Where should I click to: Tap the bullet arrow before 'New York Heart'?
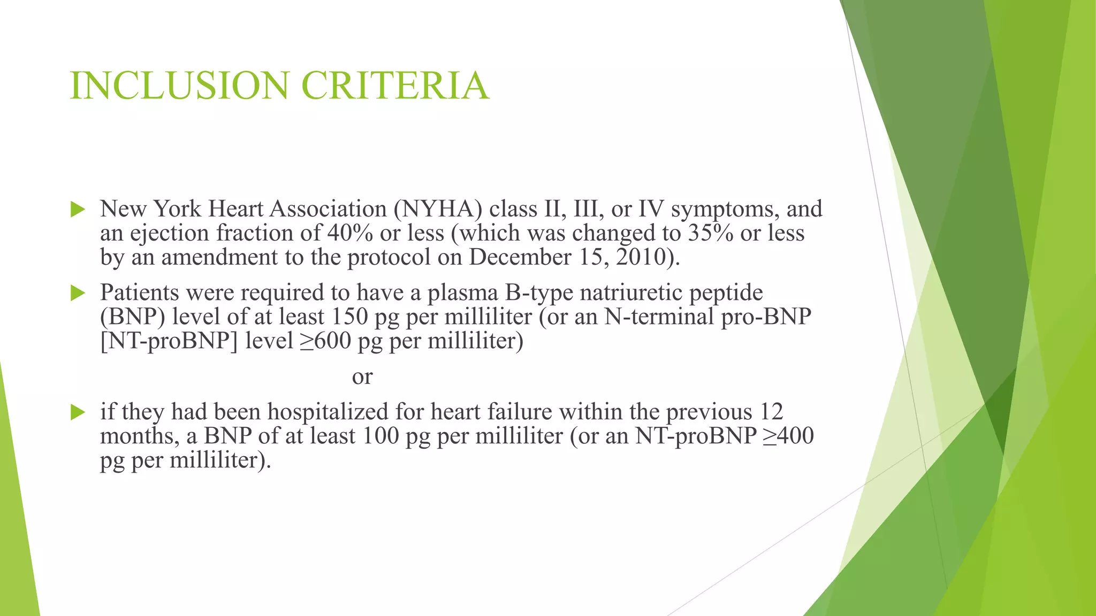pos(78,210)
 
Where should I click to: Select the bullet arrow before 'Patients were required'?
pos(78,293)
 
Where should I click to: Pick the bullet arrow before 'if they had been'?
pos(78,412)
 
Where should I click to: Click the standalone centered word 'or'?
pos(362,378)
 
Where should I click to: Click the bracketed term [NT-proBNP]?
pos(169,341)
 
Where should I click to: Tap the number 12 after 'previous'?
pos(771,412)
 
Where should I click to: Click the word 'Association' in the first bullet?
pos(328,209)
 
